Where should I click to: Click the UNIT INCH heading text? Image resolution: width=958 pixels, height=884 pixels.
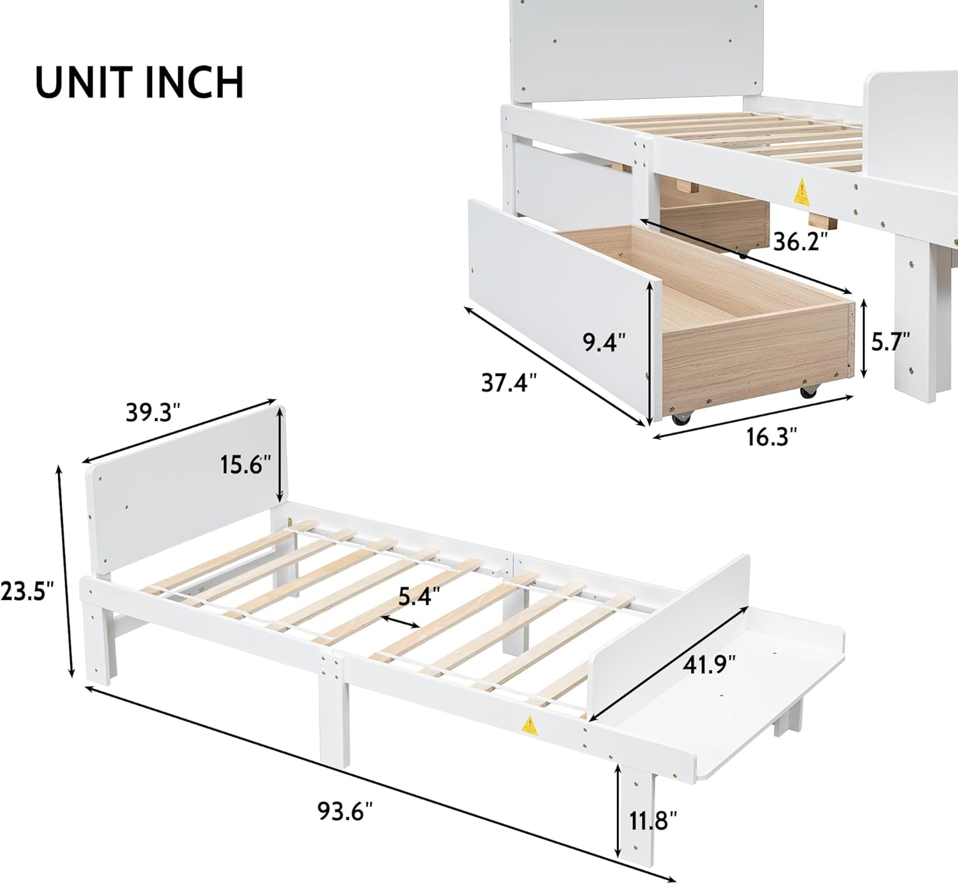click(x=139, y=82)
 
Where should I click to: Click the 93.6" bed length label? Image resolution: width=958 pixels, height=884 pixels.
click(x=345, y=811)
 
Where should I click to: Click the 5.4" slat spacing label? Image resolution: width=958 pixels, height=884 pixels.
click(x=419, y=596)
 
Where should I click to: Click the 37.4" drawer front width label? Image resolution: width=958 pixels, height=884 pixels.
click(x=508, y=383)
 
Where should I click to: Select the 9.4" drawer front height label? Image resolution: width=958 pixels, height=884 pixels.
click(x=604, y=343)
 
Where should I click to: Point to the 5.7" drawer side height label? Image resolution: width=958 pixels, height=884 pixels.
click(x=890, y=341)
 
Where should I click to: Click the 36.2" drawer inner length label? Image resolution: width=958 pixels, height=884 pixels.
click(x=801, y=241)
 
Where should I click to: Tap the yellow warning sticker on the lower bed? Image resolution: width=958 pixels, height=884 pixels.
click(x=529, y=725)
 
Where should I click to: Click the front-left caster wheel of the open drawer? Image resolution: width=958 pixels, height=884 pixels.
click(x=681, y=418)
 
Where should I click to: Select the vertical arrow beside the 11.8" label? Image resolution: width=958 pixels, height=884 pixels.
click(x=618, y=811)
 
